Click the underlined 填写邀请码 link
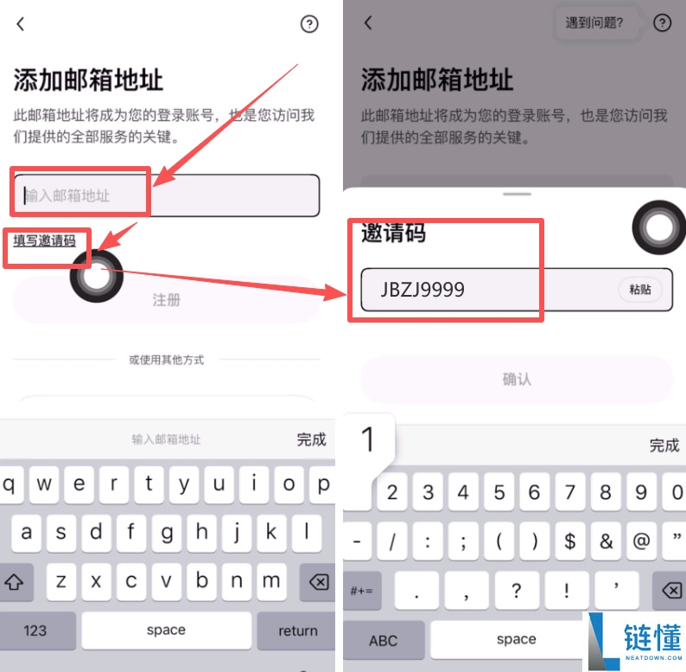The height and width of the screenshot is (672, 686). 44,240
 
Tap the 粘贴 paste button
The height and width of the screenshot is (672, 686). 640,291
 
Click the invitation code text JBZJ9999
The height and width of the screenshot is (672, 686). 422,290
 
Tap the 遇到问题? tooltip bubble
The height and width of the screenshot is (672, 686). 594,23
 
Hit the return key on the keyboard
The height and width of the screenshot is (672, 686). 298,630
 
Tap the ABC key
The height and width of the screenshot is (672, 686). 383,640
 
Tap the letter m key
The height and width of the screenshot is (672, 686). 271,581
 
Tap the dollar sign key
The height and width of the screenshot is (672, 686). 569,541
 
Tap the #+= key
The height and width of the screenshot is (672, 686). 360,590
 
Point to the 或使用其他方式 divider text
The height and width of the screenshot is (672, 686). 167,360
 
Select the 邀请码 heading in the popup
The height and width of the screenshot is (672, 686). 393,233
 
